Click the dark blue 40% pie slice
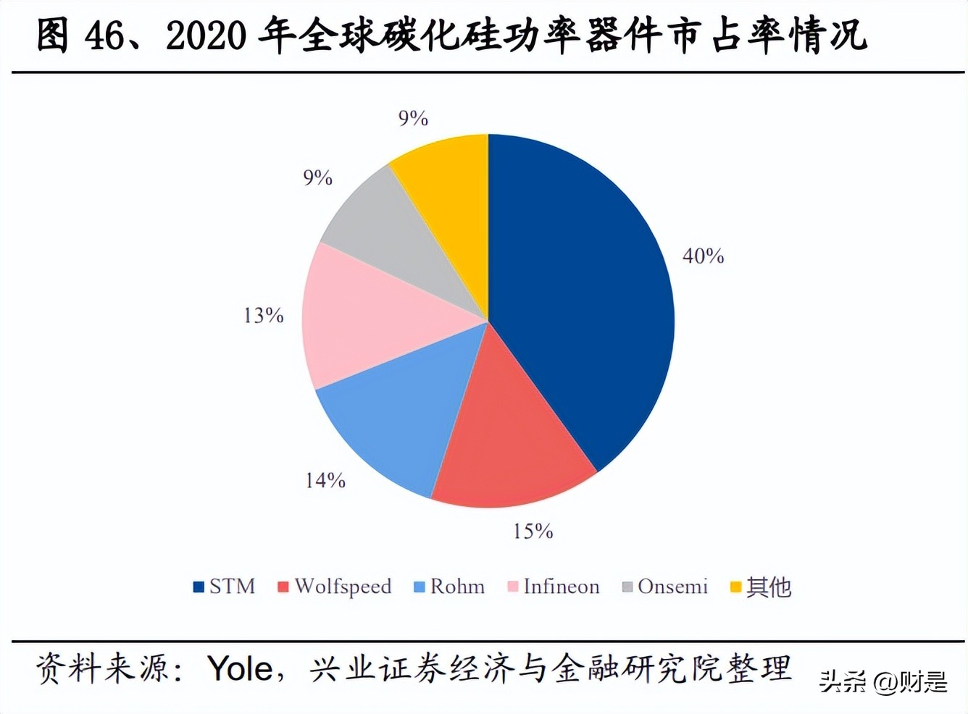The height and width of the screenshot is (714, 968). (580, 290)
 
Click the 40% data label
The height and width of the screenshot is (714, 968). (703, 256)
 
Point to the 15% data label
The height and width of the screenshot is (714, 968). (533, 532)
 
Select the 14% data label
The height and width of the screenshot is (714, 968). (325, 480)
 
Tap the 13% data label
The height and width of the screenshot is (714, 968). (263, 316)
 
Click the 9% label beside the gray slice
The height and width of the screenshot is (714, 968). (317, 178)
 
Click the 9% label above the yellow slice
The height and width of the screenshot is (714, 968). (413, 118)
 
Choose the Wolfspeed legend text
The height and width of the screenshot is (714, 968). (343, 587)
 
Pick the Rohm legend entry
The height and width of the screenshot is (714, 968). (457, 587)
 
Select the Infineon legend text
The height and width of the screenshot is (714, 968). (562, 587)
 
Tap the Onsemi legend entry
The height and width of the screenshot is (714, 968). (672, 587)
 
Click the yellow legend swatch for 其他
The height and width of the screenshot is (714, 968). (735, 587)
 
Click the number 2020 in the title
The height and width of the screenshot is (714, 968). (206, 36)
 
